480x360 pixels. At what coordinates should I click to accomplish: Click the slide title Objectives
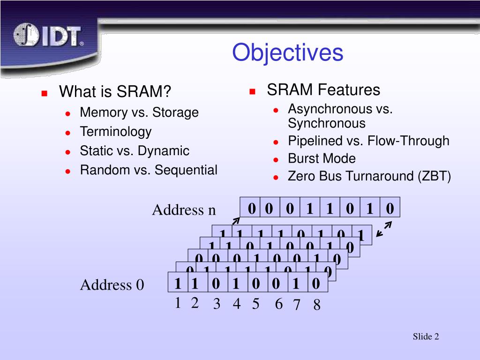point(288,52)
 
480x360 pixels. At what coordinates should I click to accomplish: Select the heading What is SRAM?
point(115,92)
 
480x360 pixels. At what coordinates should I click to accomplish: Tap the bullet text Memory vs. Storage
point(139,112)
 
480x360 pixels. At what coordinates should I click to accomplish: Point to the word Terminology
point(116,132)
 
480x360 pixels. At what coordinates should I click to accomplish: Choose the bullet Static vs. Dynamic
point(135,151)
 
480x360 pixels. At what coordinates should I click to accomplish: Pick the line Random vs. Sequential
point(149,170)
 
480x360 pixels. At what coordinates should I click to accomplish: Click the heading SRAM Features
point(323,90)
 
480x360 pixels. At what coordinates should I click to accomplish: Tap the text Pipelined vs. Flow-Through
point(368,141)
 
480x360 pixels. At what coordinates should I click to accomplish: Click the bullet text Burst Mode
point(322,158)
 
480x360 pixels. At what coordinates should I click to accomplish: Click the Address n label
point(184,210)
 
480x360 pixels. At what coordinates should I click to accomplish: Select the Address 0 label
point(112,285)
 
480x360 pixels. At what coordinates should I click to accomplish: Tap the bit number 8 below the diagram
point(317,306)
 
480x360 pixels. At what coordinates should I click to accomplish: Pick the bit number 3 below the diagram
point(217,305)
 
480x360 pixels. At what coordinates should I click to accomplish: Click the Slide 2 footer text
point(426,337)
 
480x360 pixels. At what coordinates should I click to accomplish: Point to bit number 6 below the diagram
point(278,305)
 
